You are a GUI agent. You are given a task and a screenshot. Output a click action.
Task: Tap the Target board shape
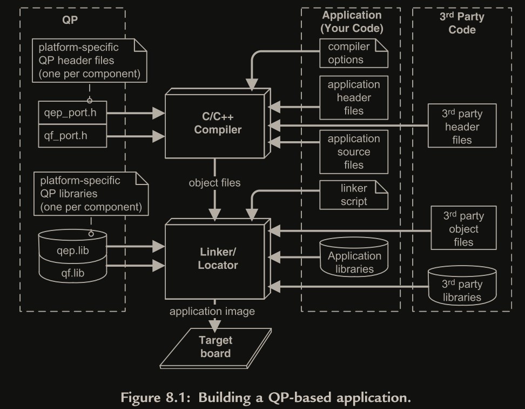click(x=216, y=347)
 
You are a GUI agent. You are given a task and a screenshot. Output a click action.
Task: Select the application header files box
click(x=354, y=98)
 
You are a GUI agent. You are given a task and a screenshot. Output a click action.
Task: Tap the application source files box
click(x=354, y=151)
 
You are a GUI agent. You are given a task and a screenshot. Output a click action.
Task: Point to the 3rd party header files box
click(x=462, y=127)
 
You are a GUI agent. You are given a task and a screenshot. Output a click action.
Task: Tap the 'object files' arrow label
click(x=214, y=183)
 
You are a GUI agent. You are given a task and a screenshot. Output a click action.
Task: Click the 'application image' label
click(x=212, y=311)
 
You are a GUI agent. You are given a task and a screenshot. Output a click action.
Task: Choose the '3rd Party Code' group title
click(x=462, y=22)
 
